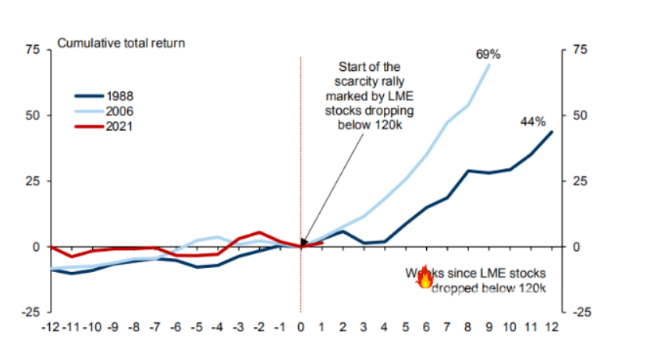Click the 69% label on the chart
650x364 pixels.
tap(488, 55)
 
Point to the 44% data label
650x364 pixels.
tap(534, 122)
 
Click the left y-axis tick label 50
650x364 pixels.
tap(33, 115)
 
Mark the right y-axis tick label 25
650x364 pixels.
tap(579, 181)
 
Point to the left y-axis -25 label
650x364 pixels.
tap(30, 313)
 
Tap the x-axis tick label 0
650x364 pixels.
tap(302, 326)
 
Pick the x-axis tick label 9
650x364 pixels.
tap(490, 326)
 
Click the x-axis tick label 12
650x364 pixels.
tap(552, 326)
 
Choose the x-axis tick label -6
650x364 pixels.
tap(176, 326)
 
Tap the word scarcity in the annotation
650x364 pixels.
tap(349, 82)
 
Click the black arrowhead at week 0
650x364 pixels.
tap(303, 242)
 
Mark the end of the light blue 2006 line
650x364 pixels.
tap(490, 65)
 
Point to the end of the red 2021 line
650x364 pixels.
tap(322, 242)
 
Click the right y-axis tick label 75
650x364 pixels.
tap(579, 50)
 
